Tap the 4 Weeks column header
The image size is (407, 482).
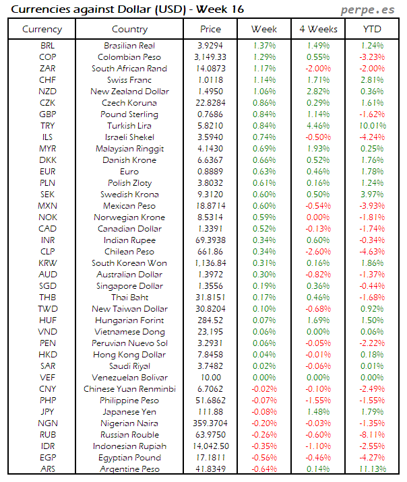point(317,30)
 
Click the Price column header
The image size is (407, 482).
point(210,30)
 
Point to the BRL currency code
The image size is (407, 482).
point(48,46)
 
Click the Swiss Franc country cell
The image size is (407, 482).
point(129,80)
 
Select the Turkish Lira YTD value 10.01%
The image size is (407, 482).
point(371,126)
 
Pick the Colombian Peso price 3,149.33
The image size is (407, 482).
point(210,57)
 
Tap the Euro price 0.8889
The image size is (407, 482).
point(210,172)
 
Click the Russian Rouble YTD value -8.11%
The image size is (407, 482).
point(371,435)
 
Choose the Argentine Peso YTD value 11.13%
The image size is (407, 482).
point(371,469)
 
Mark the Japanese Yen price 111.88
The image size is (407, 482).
point(210,412)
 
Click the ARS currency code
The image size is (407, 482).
point(48,469)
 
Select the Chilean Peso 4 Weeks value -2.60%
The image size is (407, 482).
point(317,252)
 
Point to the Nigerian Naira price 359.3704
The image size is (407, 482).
point(210,423)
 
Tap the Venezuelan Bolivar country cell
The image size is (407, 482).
point(129,378)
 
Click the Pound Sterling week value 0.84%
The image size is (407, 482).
point(263,114)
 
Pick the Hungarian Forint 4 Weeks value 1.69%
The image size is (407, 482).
point(317,320)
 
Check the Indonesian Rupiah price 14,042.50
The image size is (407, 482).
point(210,446)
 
